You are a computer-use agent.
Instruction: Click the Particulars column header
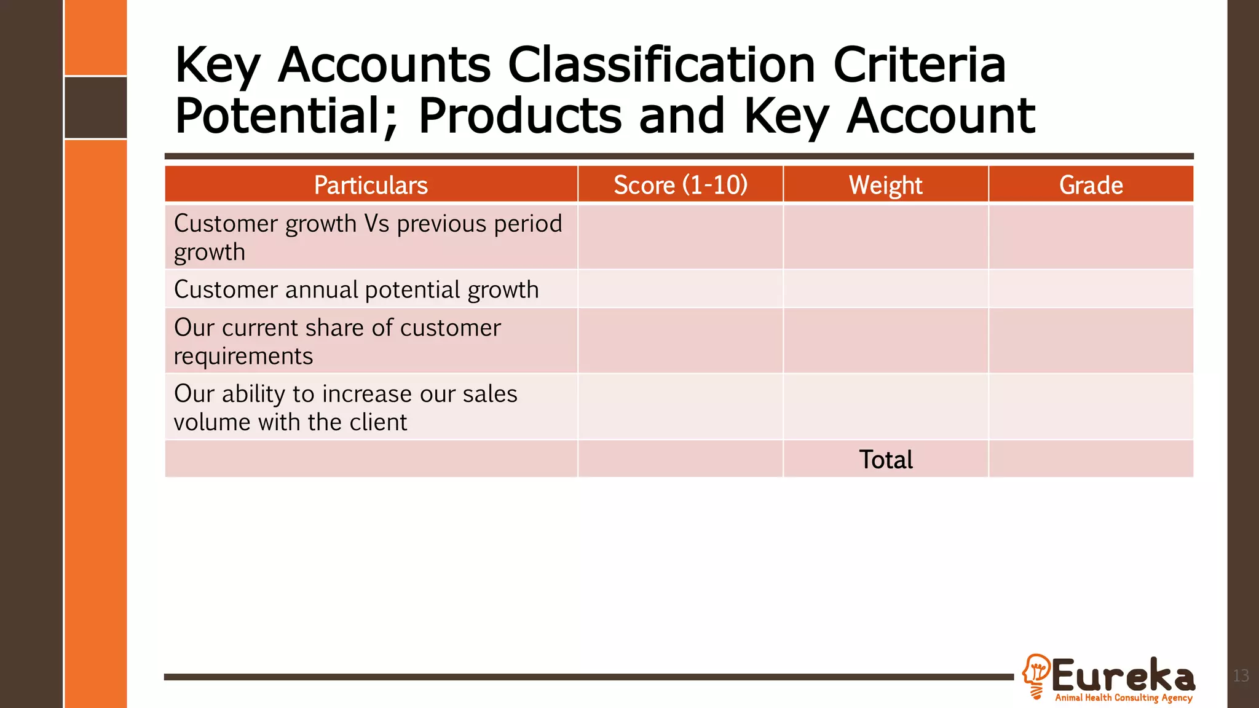pos(371,185)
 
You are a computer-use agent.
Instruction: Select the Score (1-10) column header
pos(681,185)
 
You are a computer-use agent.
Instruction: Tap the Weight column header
pos(885,185)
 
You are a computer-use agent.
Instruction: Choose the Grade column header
pos(1091,185)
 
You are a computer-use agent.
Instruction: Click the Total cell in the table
pos(885,460)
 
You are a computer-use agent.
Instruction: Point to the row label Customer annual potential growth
pos(356,289)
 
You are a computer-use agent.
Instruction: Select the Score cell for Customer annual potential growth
pos(681,289)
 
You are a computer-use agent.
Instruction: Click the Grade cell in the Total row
pos(1091,459)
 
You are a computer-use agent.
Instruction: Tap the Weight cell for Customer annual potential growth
pos(885,289)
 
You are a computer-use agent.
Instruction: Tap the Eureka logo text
pos(1123,675)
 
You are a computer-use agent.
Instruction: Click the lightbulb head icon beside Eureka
pos(1036,675)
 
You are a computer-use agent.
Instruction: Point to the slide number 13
pos(1241,676)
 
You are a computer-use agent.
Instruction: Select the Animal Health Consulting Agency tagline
pos(1123,698)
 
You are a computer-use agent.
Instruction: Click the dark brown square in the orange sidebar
pos(96,108)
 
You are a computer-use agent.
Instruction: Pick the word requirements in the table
pos(243,356)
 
